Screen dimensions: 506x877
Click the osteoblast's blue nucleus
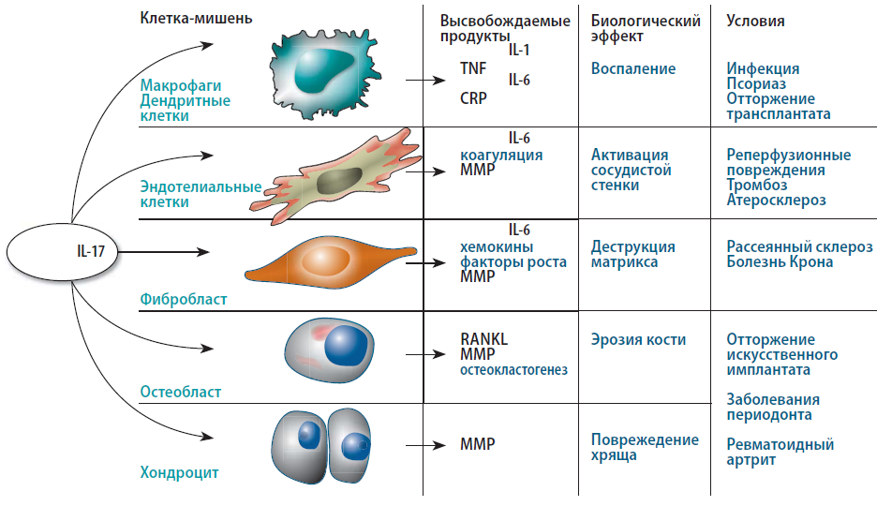(x=345, y=346)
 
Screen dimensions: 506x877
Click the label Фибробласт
(x=184, y=299)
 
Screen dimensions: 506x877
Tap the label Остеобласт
(x=181, y=391)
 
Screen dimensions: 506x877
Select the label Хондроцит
(x=179, y=472)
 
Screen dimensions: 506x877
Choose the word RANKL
(x=483, y=339)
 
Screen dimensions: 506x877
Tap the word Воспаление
(x=633, y=68)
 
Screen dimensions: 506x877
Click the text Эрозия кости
(x=638, y=339)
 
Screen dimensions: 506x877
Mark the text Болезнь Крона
(x=780, y=261)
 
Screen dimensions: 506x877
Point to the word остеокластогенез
(x=513, y=369)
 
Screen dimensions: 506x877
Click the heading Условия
(x=755, y=20)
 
